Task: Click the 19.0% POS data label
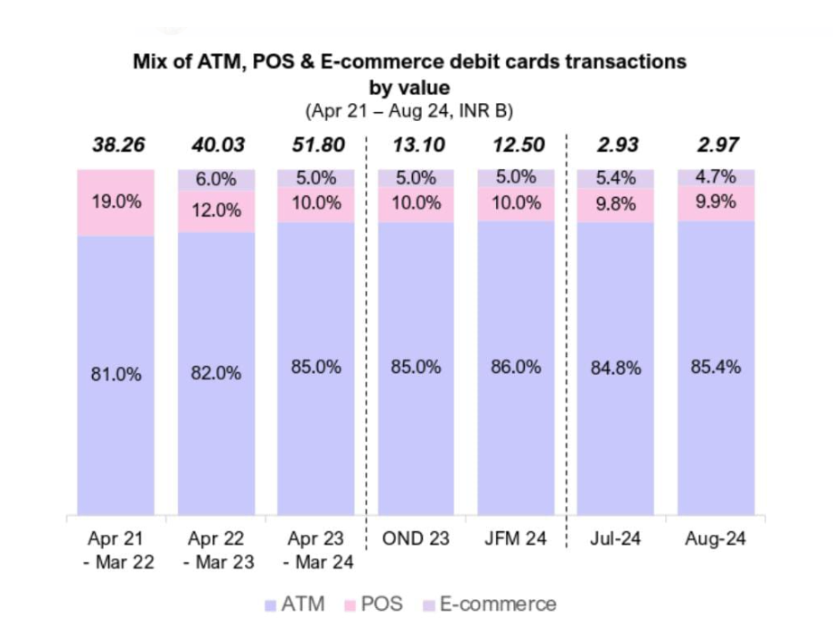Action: coord(116,202)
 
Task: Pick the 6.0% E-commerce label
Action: coord(216,179)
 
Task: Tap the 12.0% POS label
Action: coord(216,211)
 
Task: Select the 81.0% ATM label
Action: coord(116,374)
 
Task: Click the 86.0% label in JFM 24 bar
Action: coord(516,367)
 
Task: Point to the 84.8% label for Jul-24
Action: coord(615,368)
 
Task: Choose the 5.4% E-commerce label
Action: coord(615,179)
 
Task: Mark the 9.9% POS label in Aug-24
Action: coord(716,203)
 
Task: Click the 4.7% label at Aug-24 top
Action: coord(716,177)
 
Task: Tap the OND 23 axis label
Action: coord(416,539)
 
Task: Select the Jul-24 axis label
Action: coord(615,539)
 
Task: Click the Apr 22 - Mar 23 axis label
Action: coord(216,550)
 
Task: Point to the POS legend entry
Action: coord(372,604)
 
